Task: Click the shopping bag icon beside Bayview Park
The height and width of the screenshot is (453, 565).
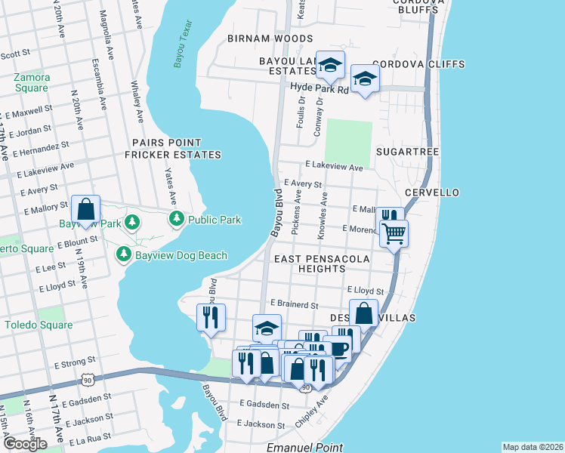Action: [x=86, y=209]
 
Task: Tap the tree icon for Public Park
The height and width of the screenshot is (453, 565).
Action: [x=177, y=220]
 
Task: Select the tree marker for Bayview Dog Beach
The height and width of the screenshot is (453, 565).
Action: [x=123, y=255]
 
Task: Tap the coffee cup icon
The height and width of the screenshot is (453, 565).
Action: [x=338, y=349]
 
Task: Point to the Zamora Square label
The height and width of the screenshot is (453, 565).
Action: [x=31, y=83]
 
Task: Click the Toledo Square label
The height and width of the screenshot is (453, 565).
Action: [x=38, y=325]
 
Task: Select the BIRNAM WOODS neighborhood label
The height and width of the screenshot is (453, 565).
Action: [x=264, y=38]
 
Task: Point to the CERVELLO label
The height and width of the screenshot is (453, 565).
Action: [x=432, y=193]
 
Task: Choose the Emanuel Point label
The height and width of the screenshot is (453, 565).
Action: [x=305, y=448]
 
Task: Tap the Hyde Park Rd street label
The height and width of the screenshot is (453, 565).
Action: [x=320, y=88]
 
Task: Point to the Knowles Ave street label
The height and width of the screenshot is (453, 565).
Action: [x=323, y=218]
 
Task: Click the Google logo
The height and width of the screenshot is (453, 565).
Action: [x=25, y=444]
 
